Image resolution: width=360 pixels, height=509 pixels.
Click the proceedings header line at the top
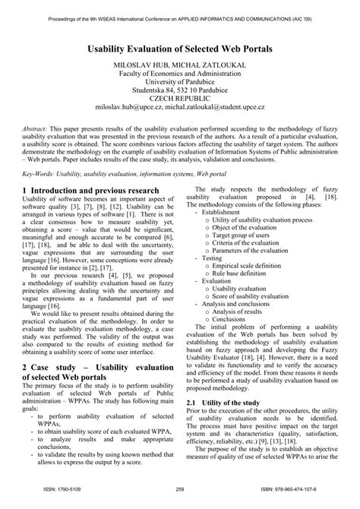coord(180,13)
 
